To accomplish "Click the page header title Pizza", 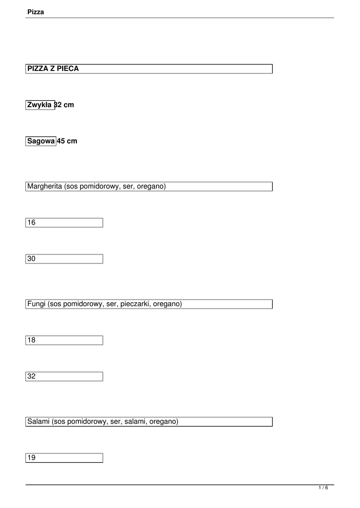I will [36, 12].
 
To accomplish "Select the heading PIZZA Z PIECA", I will [53, 69].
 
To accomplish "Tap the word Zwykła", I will [40, 105].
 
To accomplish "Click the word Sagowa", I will [41, 141].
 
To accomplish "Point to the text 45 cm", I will [68, 141].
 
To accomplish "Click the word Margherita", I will [45, 187].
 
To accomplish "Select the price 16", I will [32, 223].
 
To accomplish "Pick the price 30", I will [32, 259].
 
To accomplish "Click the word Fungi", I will [36, 304].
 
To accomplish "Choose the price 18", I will [32, 340].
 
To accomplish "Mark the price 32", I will [32, 377].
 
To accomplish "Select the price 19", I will [32, 458].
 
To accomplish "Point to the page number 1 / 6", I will [323, 488].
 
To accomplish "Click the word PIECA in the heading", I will [68, 69].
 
